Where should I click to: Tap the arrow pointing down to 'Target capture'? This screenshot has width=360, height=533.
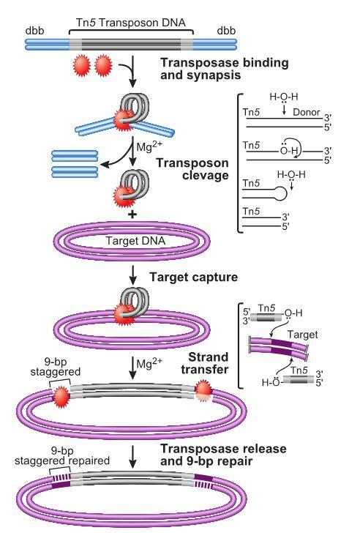point(132,277)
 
